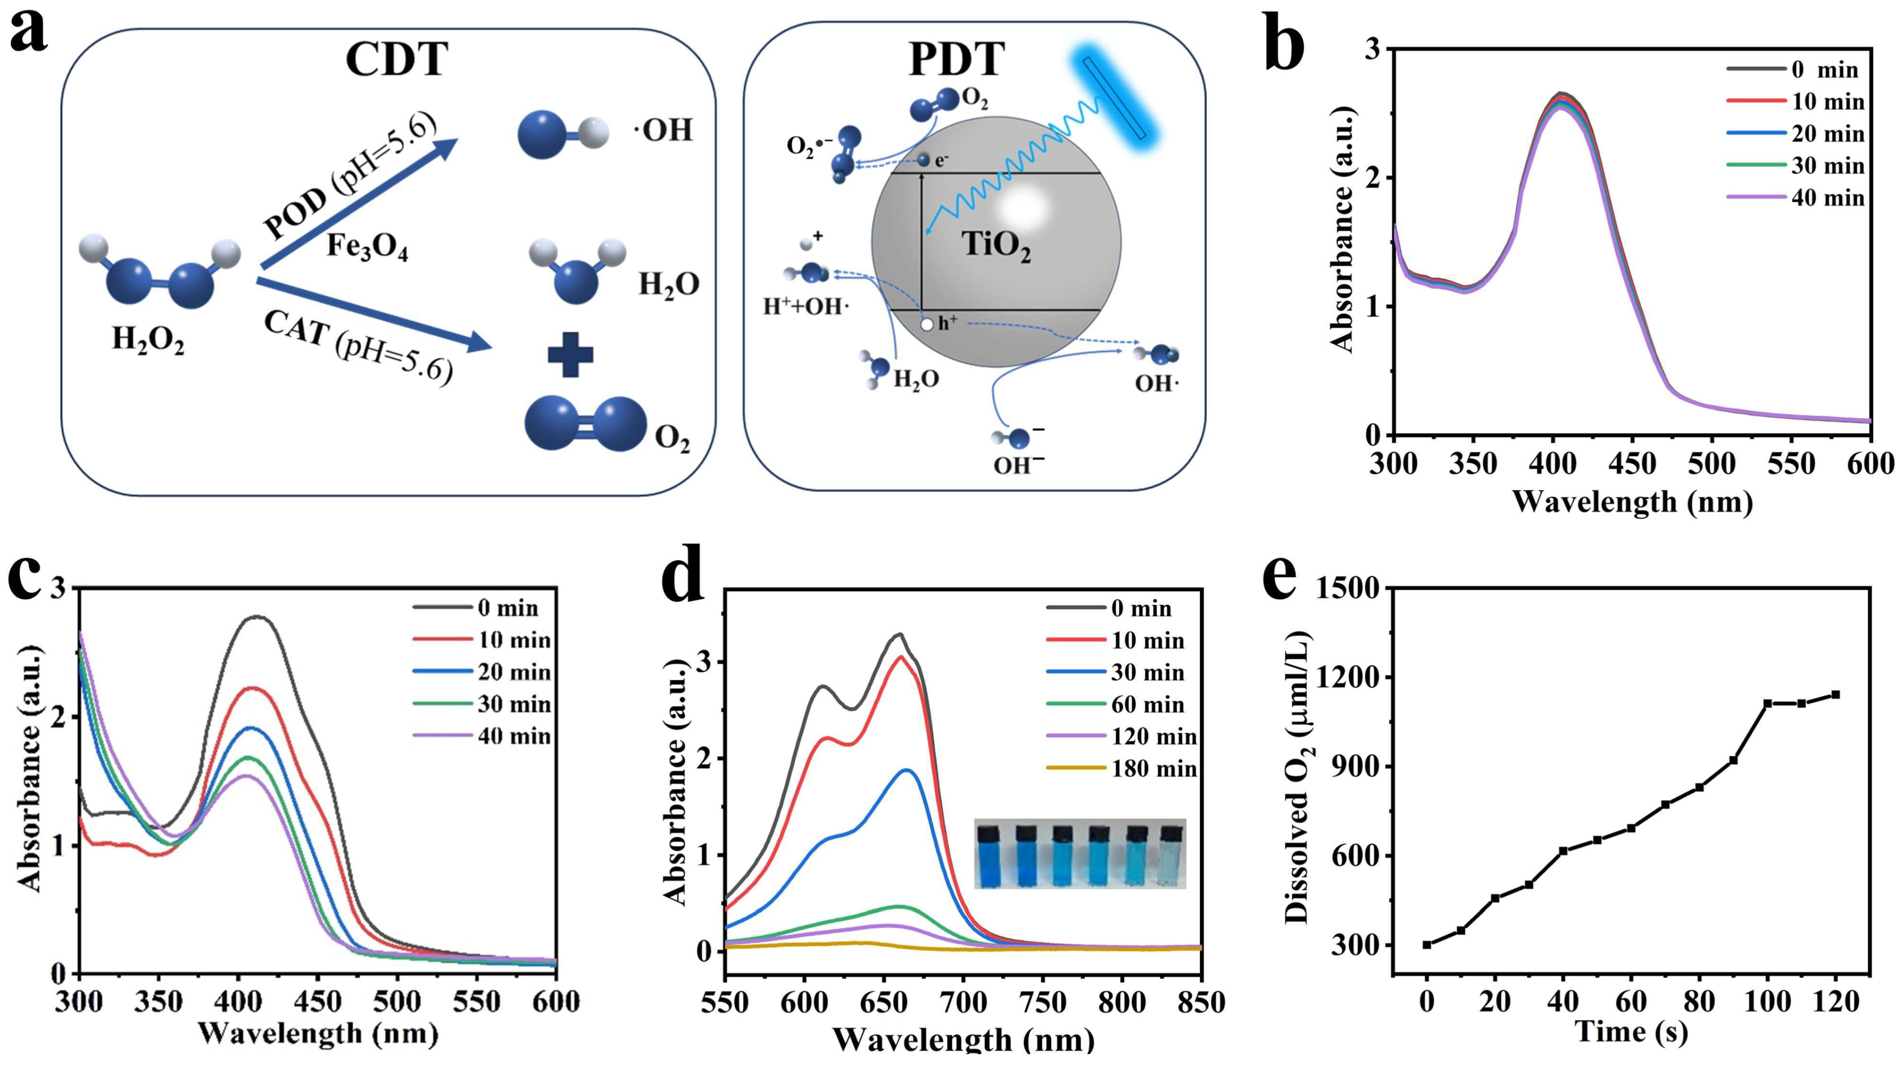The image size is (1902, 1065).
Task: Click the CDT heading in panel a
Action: pyautogui.click(x=396, y=59)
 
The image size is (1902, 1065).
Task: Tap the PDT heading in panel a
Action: pyautogui.click(x=956, y=59)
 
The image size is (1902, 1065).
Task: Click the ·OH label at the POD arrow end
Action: pyautogui.click(x=663, y=131)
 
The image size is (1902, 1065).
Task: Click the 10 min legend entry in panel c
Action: pyautogui.click(x=482, y=640)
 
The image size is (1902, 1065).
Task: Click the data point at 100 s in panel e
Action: pyautogui.click(x=1767, y=703)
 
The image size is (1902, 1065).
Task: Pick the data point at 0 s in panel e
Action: pyautogui.click(x=1427, y=945)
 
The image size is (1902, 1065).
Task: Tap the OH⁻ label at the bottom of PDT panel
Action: pyautogui.click(x=1019, y=465)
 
